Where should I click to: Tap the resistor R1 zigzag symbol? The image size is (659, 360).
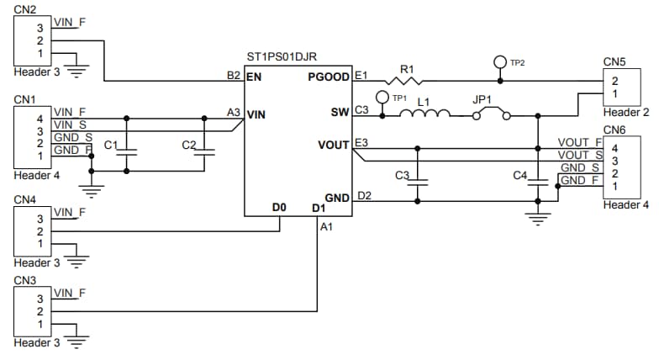(x=407, y=81)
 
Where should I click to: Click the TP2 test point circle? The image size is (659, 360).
(x=501, y=62)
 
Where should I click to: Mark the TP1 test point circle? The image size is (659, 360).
(x=382, y=98)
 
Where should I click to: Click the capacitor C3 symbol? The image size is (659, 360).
(x=417, y=179)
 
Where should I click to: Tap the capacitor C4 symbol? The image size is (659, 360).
(x=536, y=179)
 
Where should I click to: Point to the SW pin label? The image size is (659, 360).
(x=340, y=112)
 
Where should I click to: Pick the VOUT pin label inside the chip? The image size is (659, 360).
(x=335, y=145)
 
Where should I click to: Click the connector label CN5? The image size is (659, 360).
(x=614, y=61)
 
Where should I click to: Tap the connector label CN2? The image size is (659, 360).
(x=24, y=9)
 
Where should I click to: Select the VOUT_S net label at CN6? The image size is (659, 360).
(x=580, y=155)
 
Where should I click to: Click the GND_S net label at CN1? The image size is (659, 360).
(x=73, y=137)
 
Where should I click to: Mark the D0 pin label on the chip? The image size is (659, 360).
(x=280, y=206)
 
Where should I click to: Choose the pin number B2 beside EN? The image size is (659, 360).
(x=234, y=76)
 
